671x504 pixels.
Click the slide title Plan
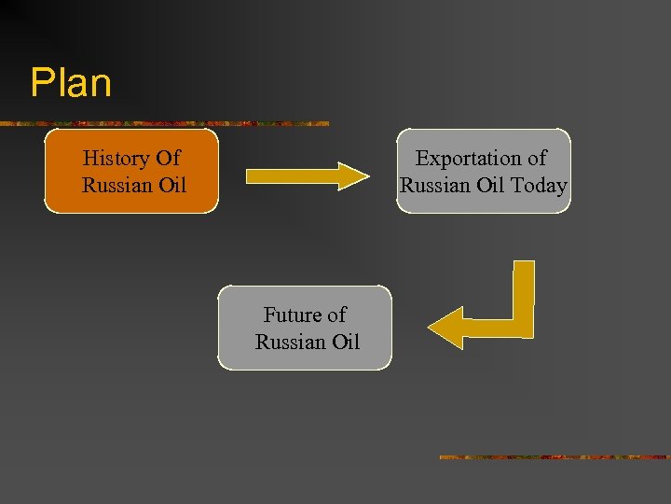click(71, 82)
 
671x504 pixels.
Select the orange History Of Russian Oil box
click(131, 171)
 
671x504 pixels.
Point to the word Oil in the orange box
click(171, 185)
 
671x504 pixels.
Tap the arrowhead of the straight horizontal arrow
click(354, 175)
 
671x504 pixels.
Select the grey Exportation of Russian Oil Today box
click(483, 171)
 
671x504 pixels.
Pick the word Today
click(539, 185)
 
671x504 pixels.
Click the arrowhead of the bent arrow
click(446, 328)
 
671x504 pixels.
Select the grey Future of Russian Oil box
click(305, 328)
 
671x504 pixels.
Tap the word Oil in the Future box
click(345, 342)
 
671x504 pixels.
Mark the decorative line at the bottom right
click(554, 456)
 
